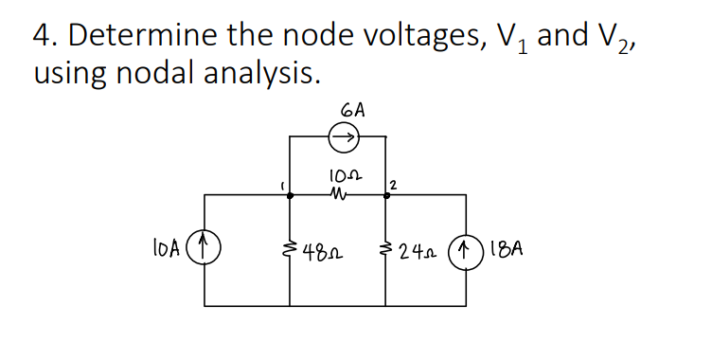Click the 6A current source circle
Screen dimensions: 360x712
click(x=343, y=138)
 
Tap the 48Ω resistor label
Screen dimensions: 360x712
click(x=322, y=253)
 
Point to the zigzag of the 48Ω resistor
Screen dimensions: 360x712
click(x=290, y=250)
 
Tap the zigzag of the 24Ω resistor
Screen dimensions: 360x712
click(x=385, y=251)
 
